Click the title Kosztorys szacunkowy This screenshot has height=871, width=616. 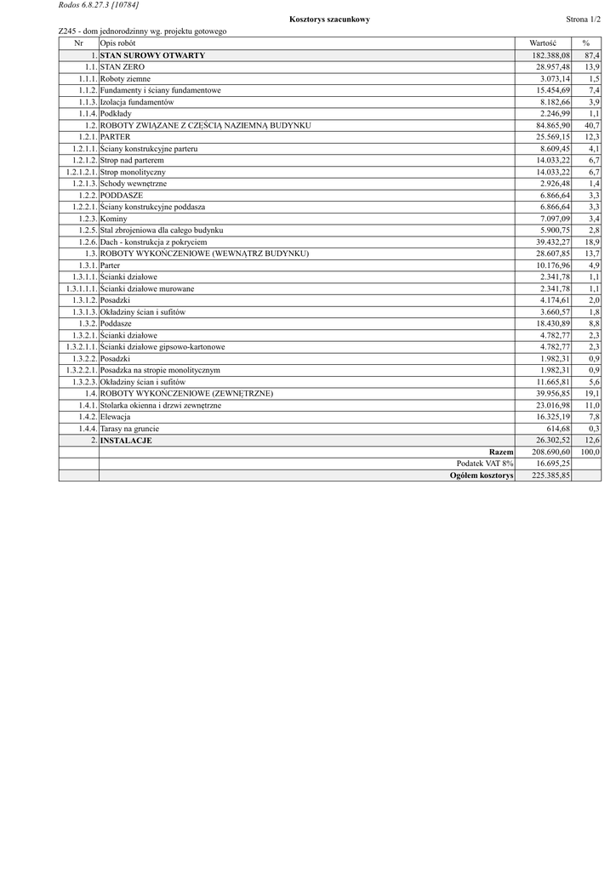click(x=329, y=19)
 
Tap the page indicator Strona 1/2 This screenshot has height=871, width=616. click(x=583, y=19)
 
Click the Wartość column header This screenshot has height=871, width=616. click(x=542, y=43)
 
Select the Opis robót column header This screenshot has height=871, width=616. click(x=117, y=43)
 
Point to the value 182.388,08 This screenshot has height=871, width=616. click(x=549, y=54)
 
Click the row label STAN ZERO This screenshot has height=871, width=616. click(x=123, y=66)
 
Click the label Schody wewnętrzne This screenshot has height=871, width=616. click(x=134, y=184)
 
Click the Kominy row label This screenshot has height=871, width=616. click(x=114, y=219)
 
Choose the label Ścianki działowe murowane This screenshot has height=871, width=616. click(x=146, y=288)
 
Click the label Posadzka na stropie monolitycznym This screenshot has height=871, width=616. click(x=160, y=371)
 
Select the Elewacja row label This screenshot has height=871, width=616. click(x=115, y=418)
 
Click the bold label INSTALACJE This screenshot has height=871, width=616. click(x=126, y=441)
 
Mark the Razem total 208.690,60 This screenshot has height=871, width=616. click(x=549, y=453)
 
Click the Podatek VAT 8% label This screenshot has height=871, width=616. click(x=485, y=464)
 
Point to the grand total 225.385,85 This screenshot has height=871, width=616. click(x=549, y=476)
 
